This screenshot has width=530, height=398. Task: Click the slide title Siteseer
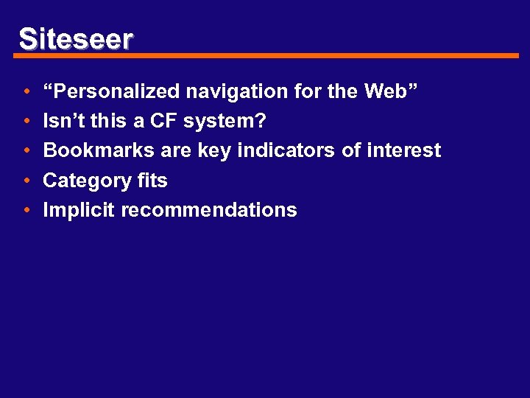click(x=76, y=38)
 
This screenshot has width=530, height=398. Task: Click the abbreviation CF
click(x=169, y=121)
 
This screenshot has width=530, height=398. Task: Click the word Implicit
click(x=79, y=210)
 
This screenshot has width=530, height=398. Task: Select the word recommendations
click(x=209, y=210)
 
